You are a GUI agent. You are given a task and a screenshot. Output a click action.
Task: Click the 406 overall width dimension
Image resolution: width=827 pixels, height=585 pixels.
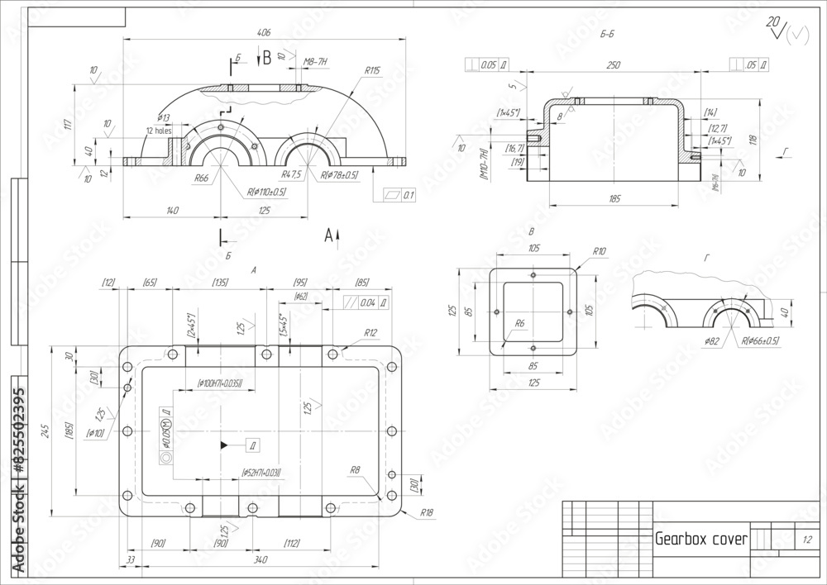click(264, 33)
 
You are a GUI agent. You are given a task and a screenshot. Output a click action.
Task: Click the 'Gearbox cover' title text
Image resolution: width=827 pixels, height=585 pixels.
click(700, 540)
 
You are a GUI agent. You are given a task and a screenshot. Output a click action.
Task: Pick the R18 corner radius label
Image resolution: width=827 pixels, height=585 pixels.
click(427, 513)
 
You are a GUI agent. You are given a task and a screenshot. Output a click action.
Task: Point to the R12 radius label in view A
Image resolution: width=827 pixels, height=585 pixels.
click(369, 333)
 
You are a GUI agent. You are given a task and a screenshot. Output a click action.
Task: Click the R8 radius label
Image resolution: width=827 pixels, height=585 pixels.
click(355, 470)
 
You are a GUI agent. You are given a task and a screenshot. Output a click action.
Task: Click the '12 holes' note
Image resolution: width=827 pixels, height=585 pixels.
click(159, 131)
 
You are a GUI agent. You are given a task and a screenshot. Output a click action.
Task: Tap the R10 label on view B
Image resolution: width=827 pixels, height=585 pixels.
click(600, 251)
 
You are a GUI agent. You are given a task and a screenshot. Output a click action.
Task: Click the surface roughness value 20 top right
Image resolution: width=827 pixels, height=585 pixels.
click(773, 21)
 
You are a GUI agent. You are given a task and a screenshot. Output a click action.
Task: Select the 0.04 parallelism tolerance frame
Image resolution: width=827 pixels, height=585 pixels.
click(368, 303)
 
